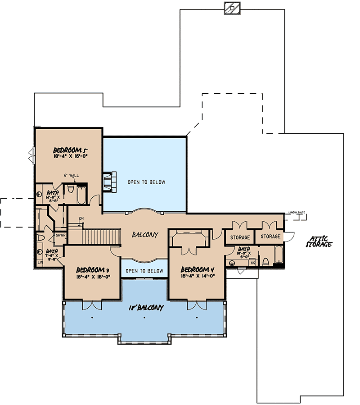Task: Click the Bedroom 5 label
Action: click(x=69, y=150)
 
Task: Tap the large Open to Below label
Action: click(x=146, y=182)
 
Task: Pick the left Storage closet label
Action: click(x=240, y=237)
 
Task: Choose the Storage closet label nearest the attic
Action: click(x=270, y=237)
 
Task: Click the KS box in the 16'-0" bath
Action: click(x=253, y=262)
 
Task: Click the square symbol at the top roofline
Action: click(x=232, y=8)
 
